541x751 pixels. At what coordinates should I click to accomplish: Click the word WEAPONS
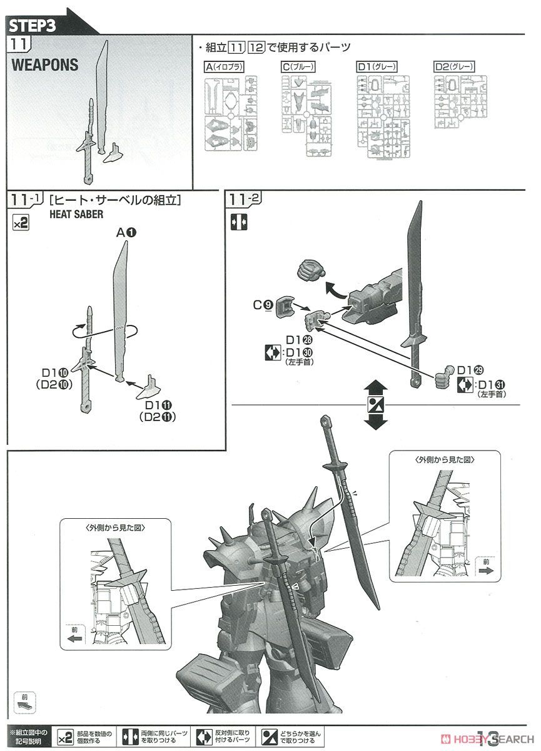(x=45, y=65)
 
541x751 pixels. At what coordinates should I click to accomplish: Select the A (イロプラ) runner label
(x=223, y=67)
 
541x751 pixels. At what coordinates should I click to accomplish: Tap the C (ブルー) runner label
(x=297, y=67)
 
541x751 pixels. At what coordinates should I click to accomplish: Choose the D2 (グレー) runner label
(x=454, y=67)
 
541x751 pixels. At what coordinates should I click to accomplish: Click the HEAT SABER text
(x=76, y=213)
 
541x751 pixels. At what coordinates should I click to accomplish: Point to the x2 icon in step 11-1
(x=21, y=223)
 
